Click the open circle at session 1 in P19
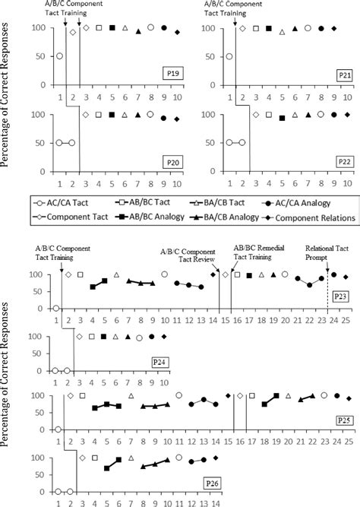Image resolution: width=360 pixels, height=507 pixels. click(x=59, y=56)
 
